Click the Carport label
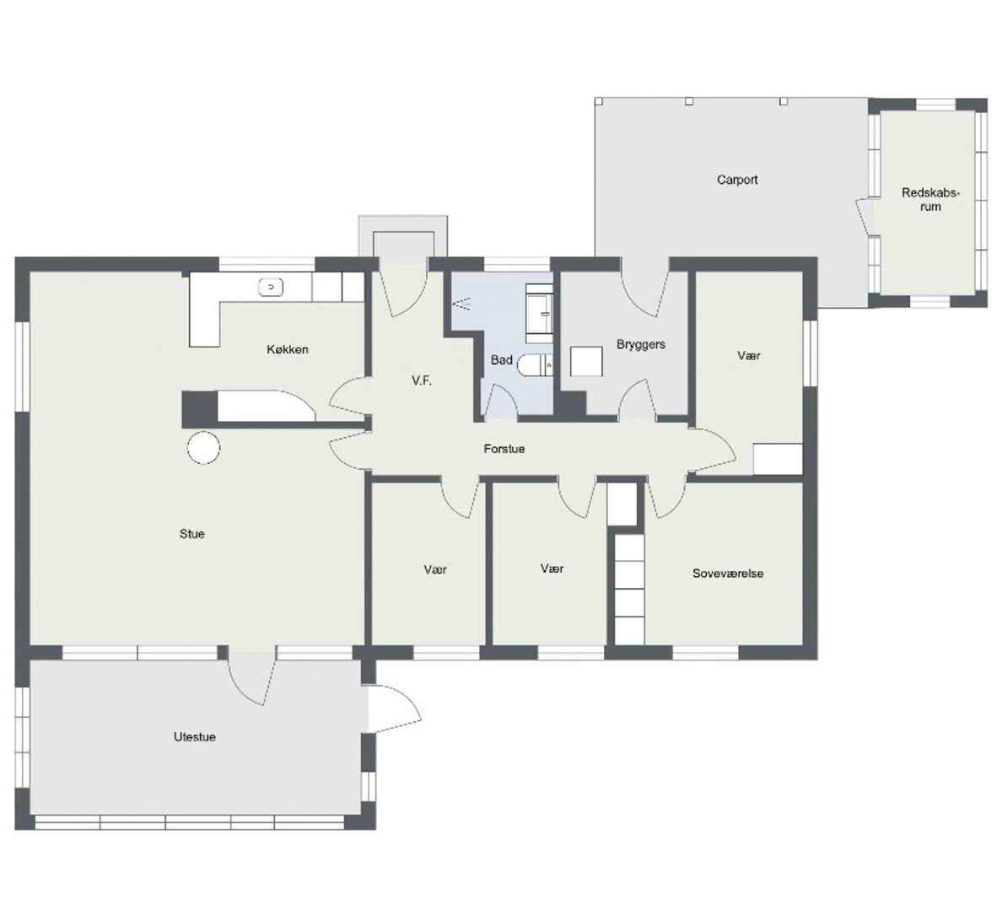pyautogui.click(x=737, y=180)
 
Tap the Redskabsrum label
pyautogui.click(x=930, y=199)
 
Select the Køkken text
pyautogui.click(x=288, y=349)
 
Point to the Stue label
pyautogui.click(x=191, y=534)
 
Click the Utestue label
pyautogui.click(x=194, y=736)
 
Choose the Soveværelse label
pyautogui.click(x=728, y=574)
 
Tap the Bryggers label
pyautogui.click(x=640, y=345)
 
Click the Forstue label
pyautogui.click(x=504, y=449)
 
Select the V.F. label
pyautogui.click(x=421, y=381)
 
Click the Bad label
pyautogui.click(x=502, y=360)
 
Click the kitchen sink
pyautogui.click(x=271, y=287)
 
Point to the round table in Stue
pyautogui.click(x=203, y=448)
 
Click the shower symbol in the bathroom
pyautogui.click(x=461, y=303)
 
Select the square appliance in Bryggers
pyautogui.click(x=587, y=361)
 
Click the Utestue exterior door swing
pyautogui.click(x=394, y=709)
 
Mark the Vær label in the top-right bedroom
pyautogui.click(x=748, y=355)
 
